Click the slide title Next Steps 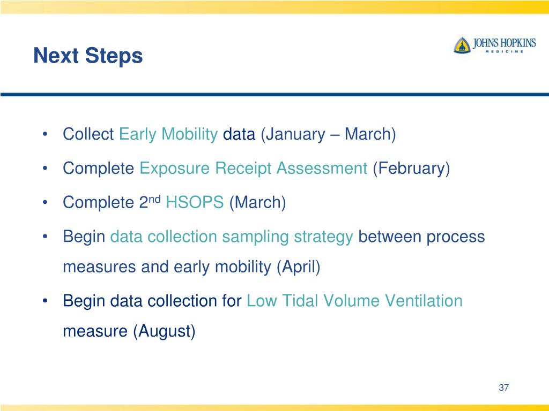point(88,56)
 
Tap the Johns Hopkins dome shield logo point(462,45)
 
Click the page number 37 point(504,387)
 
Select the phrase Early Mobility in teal point(168,134)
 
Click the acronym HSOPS point(195,202)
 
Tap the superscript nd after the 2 point(155,199)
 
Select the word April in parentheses point(298,267)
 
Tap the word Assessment point(322,168)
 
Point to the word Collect point(88,134)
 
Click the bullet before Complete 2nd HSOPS point(44,202)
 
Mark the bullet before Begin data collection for point(44,301)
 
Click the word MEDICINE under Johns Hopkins point(505,51)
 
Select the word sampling point(255,237)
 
